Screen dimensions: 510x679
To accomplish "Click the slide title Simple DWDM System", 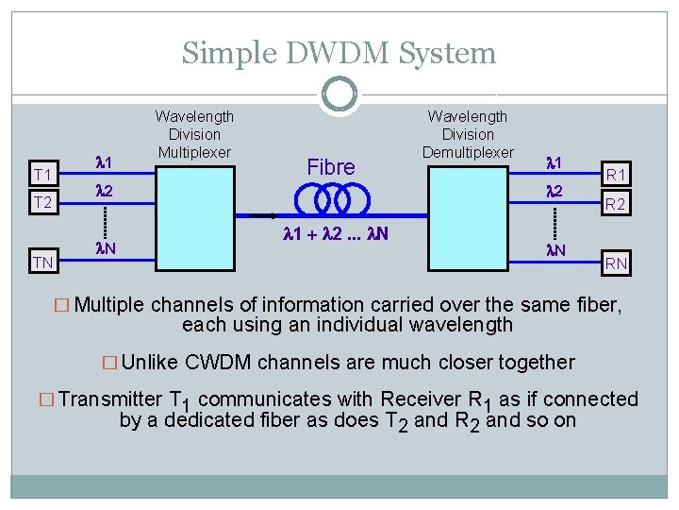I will pyautogui.click(x=339, y=53).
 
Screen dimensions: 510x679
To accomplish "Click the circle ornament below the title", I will pyautogui.click(x=339, y=93).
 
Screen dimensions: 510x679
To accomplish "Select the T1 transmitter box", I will pyautogui.click(x=42, y=175).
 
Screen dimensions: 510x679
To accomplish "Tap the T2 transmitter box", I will pyautogui.click(x=42, y=202).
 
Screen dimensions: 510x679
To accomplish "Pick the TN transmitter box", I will pyautogui.click(x=42, y=262).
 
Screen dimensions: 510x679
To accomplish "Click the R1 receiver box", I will pyautogui.click(x=617, y=175).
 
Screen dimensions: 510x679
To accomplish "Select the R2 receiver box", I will pyautogui.click(x=617, y=204).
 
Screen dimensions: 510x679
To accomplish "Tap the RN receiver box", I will pyautogui.click(x=617, y=263).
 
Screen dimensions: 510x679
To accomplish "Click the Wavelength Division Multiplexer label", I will pyautogui.click(x=194, y=134).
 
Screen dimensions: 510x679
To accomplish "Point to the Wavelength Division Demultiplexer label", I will pyautogui.click(x=468, y=134).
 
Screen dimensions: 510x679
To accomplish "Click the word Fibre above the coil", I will pyautogui.click(x=331, y=167).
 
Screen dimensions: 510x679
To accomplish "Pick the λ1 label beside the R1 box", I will pyautogui.click(x=555, y=163).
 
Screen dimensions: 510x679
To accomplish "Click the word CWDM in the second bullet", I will pyautogui.click(x=223, y=362).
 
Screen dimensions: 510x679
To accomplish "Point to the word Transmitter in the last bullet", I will pyautogui.click(x=110, y=399).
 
